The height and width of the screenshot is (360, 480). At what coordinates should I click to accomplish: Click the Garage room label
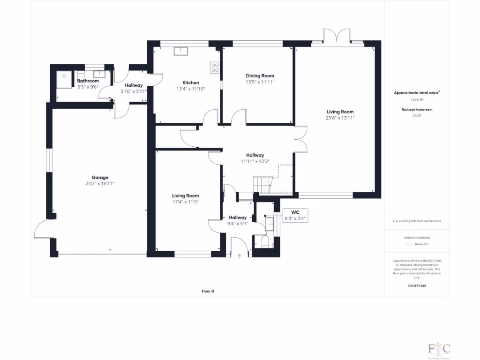point(100,178)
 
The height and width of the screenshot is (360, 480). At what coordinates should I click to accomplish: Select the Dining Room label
point(260,75)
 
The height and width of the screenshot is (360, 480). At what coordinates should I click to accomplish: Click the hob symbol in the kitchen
point(215,67)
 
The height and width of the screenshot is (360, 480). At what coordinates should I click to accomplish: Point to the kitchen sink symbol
point(180,51)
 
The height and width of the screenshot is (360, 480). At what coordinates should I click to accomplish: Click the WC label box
point(295,216)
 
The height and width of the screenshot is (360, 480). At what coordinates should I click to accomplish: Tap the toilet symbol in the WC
point(263,241)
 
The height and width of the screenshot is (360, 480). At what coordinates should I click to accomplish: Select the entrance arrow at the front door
point(240,256)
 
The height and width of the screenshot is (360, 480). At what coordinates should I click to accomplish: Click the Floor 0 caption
point(208,291)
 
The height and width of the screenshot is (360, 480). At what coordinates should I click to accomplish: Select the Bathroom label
point(88,81)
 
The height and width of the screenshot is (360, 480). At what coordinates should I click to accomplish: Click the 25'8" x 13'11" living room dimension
point(340,118)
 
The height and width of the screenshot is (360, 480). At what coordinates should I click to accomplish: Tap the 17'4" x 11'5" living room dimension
point(186,202)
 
